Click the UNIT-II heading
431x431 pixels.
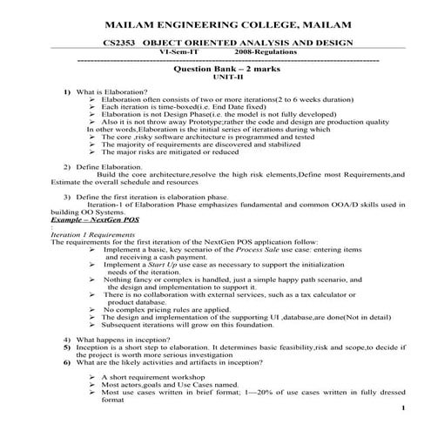218,77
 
